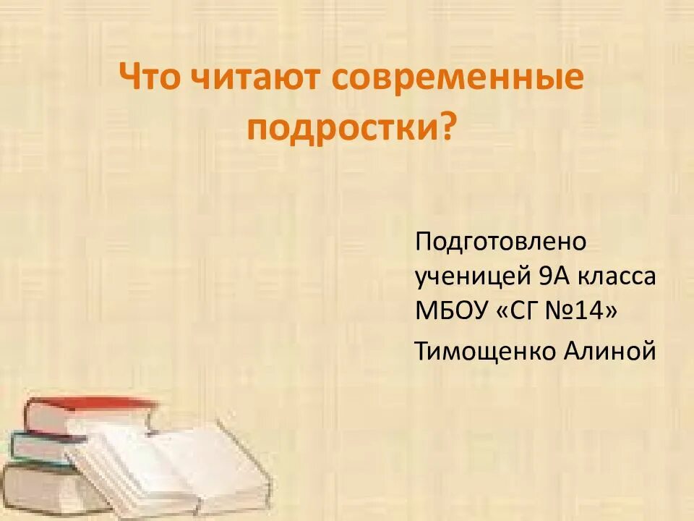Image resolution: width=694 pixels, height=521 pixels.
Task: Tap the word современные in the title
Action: click(458, 77)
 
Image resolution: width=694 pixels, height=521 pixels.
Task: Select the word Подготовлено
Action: click(501, 241)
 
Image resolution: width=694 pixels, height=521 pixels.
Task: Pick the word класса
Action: click(619, 277)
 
